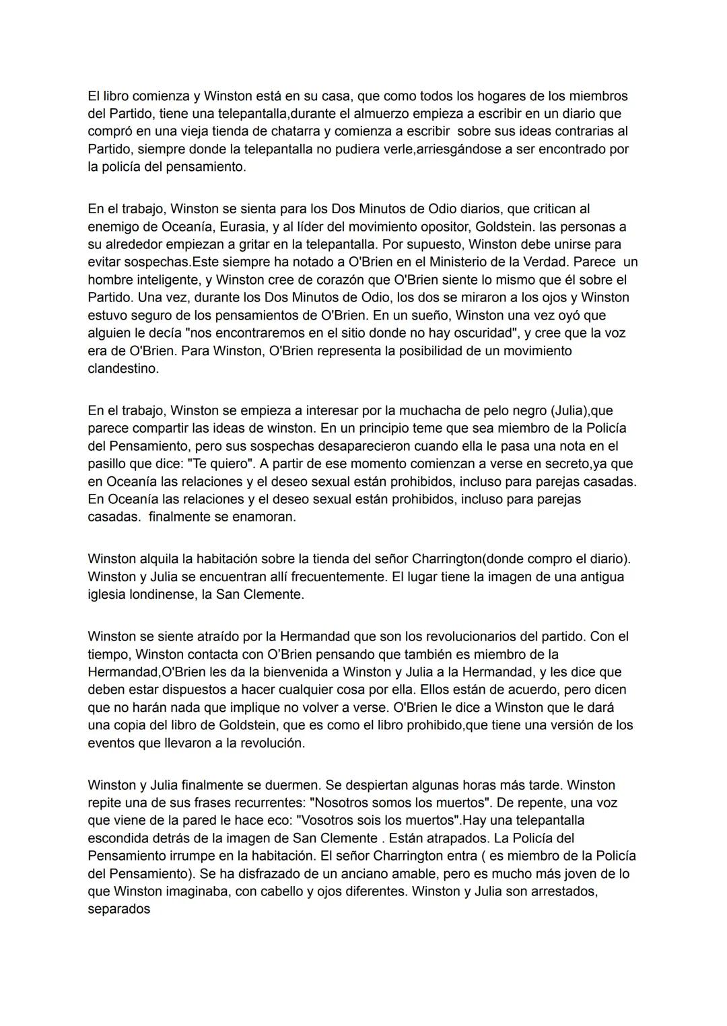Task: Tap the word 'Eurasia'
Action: [x=242, y=227]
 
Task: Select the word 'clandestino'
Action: [x=123, y=369]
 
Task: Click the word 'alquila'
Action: [x=159, y=559]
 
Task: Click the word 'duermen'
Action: [x=314, y=785]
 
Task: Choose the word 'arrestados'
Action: [x=565, y=891]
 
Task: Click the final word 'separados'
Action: [x=119, y=910]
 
